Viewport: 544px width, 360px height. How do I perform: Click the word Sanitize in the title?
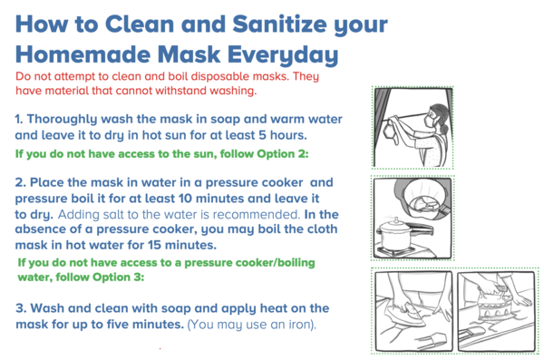point(279,24)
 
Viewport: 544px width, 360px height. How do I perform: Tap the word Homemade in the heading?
point(83,54)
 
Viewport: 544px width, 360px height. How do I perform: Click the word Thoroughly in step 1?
point(63,120)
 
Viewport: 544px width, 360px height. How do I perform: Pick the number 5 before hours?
point(262,135)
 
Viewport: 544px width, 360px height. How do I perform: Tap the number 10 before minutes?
point(185,199)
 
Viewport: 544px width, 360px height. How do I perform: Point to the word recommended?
point(257,214)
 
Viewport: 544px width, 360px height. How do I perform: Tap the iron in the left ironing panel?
point(410,313)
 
